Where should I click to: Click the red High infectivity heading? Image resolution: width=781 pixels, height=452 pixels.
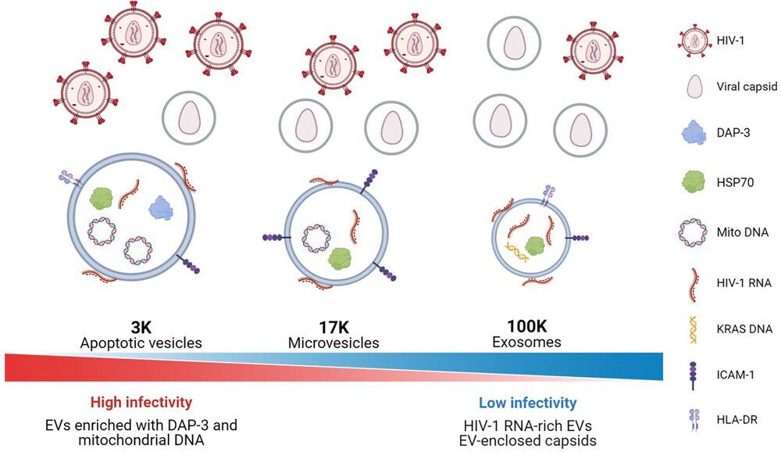[x=141, y=403]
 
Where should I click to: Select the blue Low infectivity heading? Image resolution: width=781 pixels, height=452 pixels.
[x=527, y=403]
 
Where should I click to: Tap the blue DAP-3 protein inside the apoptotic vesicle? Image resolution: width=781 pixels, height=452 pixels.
[x=161, y=207]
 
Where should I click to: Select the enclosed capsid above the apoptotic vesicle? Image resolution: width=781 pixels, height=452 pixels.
[x=188, y=118]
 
